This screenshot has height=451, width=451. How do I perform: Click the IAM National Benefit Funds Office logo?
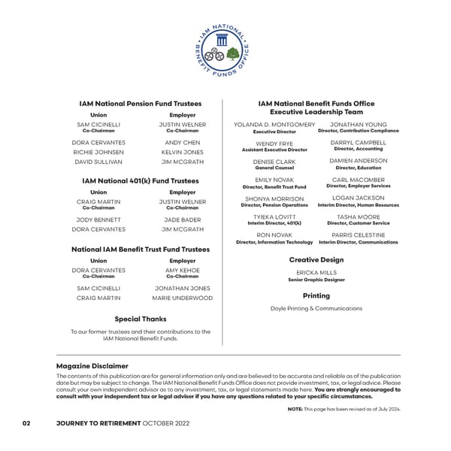[x=225, y=51]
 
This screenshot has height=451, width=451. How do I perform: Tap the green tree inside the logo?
[x=233, y=55]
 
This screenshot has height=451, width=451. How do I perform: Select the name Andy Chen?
[x=182, y=142]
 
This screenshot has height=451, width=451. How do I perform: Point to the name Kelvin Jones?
[x=182, y=152]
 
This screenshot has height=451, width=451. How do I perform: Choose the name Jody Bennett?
[x=93, y=219]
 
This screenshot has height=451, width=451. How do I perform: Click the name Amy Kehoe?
[x=182, y=270]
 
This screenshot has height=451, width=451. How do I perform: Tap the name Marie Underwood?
[x=182, y=298]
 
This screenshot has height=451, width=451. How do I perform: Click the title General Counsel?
[x=274, y=168]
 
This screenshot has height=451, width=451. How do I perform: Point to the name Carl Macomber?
[x=359, y=180]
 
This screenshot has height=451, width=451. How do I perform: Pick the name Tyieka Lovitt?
[x=274, y=216]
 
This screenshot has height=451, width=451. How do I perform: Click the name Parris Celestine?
[x=359, y=235]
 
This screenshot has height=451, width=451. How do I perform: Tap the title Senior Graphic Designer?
[x=316, y=280]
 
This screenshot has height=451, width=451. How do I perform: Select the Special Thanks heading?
[x=141, y=319]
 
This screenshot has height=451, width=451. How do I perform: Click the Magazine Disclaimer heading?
[x=92, y=366]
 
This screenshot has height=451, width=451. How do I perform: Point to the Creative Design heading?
[x=316, y=259]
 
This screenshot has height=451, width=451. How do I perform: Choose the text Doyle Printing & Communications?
[x=316, y=308]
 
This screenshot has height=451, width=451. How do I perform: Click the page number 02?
[x=26, y=424]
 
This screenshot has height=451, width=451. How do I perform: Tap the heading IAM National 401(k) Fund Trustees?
[x=141, y=181]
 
